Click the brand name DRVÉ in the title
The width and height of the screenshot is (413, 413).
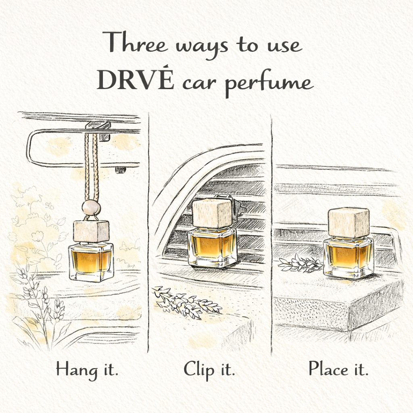click(x=135, y=79)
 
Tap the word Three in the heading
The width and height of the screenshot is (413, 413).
click(x=135, y=42)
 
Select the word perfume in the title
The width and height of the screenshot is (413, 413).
click(x=269, y=83)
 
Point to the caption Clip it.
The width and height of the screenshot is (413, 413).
click(x=209, y=369)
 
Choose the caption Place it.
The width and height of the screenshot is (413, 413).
click(x=338, y=369)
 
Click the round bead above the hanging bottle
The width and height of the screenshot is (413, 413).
click(x=91, y=208)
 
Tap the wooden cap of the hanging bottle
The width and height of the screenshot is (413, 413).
click(x=91, y=231)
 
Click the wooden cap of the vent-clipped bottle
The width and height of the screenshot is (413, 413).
click(x=212, y=213)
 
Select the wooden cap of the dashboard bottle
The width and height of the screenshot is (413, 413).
click(x=348, y=223)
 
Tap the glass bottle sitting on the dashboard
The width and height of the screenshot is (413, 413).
click(x=348, y=257)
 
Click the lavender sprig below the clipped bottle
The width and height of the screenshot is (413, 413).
click(x=187, y=302)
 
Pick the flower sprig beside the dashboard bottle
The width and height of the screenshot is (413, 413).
click(x=300, y=263)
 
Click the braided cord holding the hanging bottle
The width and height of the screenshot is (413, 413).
click(x=92, y=169)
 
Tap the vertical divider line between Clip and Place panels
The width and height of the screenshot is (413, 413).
click(x=271, y=234)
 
